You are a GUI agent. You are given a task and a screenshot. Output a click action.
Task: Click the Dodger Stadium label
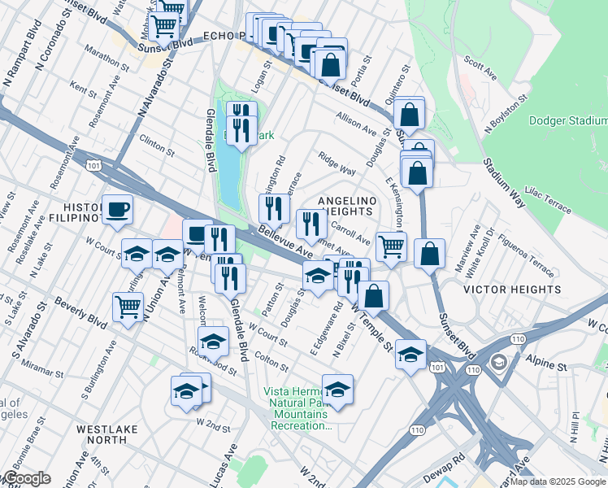coord(567,121)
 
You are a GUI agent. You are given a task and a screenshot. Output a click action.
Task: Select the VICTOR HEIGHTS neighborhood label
coord(512,290)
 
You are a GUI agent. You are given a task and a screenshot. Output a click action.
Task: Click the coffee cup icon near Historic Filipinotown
coord(116,210)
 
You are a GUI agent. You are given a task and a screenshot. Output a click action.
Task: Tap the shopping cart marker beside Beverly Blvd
coord(128,307)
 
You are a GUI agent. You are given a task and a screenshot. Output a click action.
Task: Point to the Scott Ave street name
coord(480,68)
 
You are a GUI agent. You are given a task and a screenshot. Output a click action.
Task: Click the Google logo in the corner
coord(25,479)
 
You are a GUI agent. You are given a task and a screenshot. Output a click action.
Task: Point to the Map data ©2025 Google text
coord(558,481)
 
